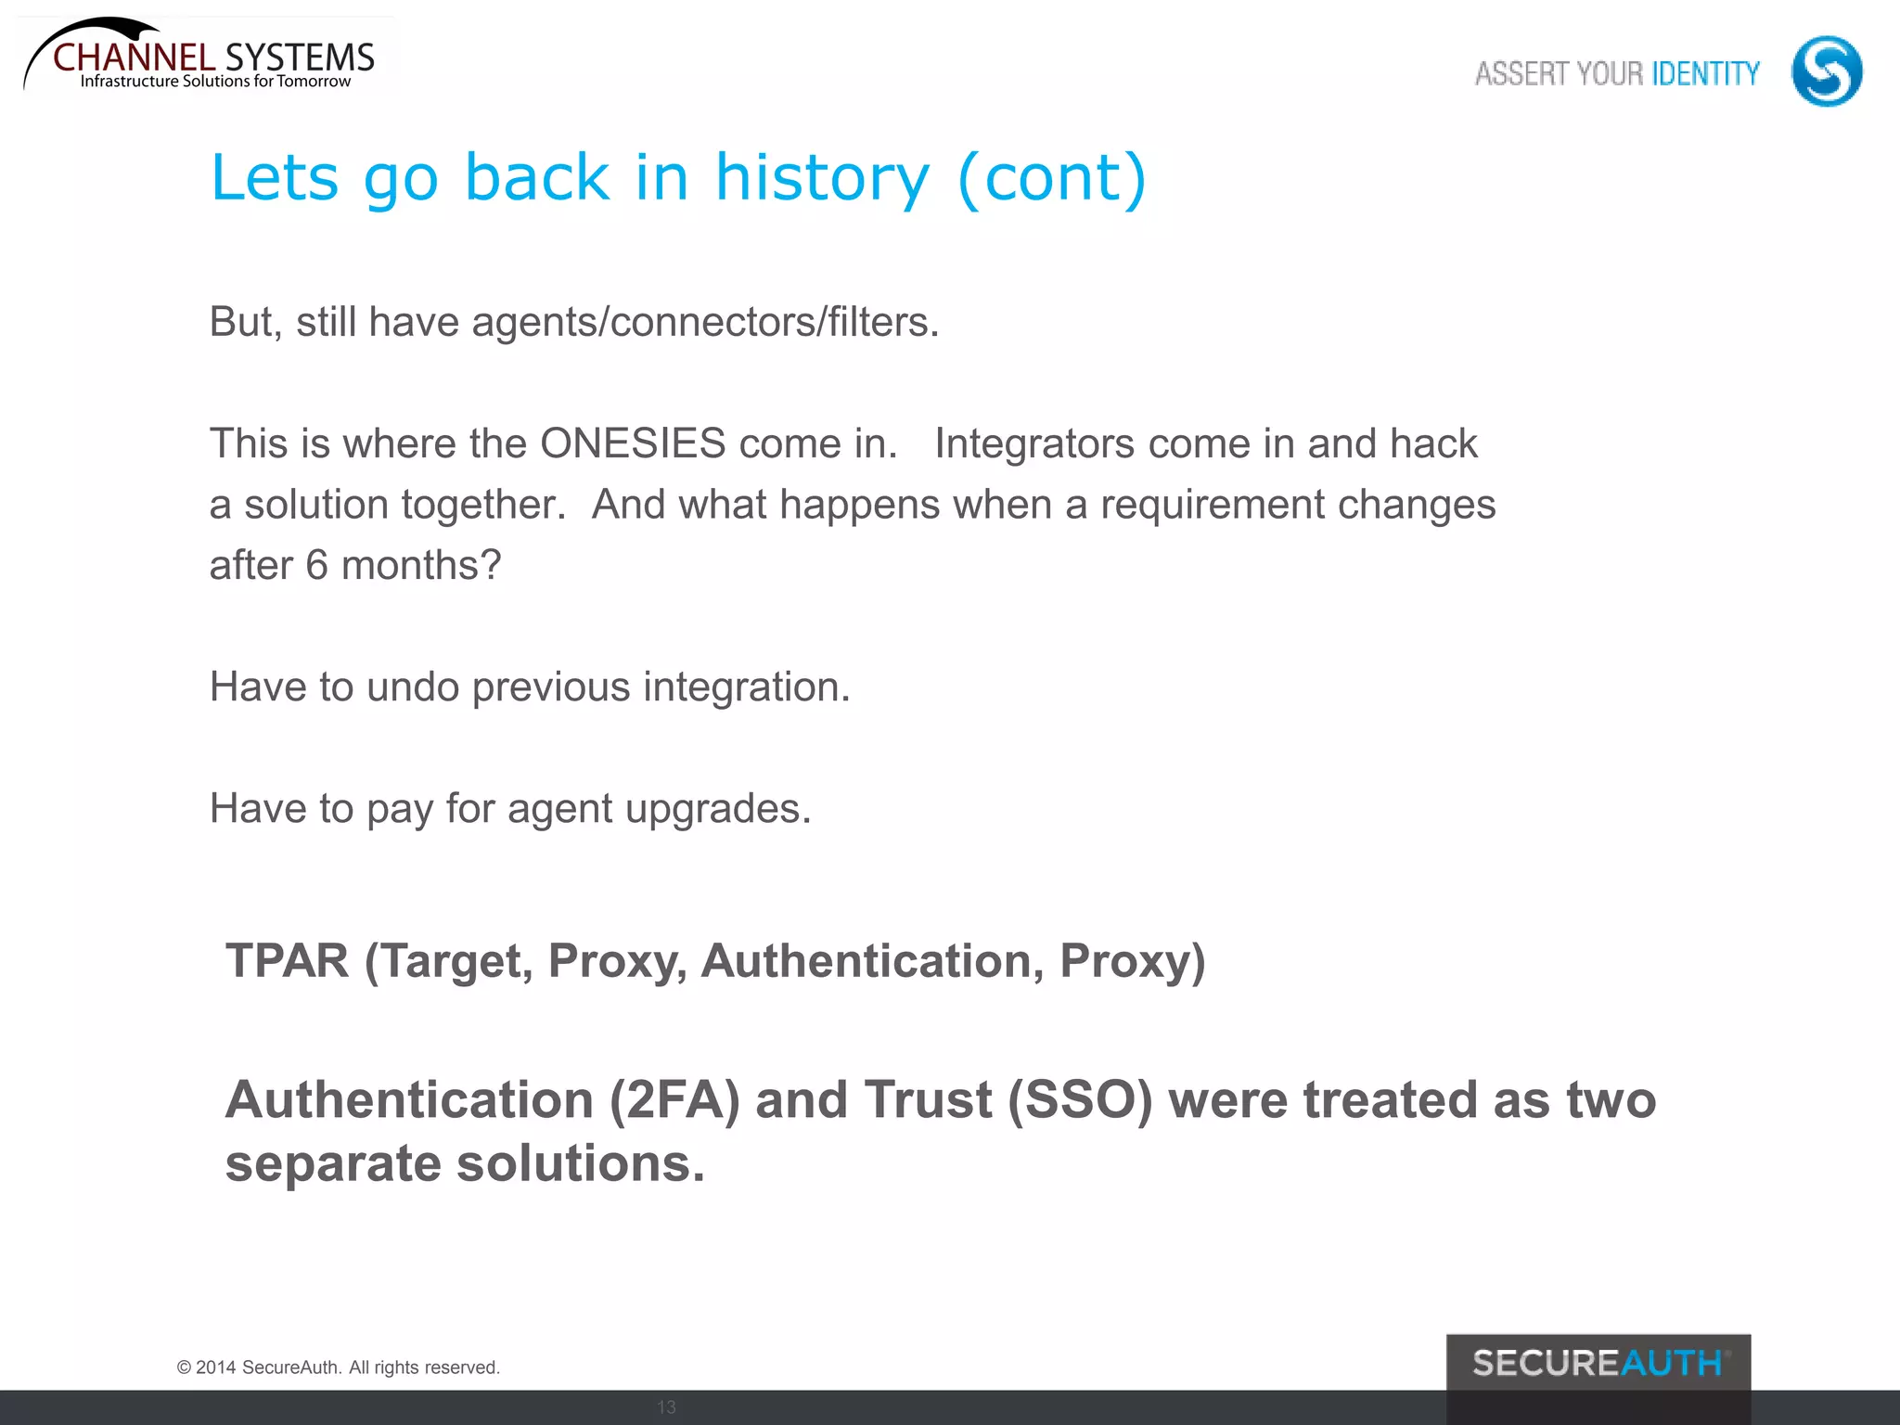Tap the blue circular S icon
click(1826, 71)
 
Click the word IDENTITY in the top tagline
click(1705, 73)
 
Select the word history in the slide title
click(821, 177)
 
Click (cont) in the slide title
click(1052, 177)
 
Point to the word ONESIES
click(633, 443)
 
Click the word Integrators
click(1033, 443)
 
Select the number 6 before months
click(316, 565)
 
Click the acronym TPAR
click(287, 960)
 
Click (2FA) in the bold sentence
click(674, 1100)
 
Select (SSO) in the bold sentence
click(1080, 1100)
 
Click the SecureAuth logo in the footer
click(1598, 1364)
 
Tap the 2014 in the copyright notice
click(215, 1367)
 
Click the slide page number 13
click(666, 1407)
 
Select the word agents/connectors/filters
click(705, 323)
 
